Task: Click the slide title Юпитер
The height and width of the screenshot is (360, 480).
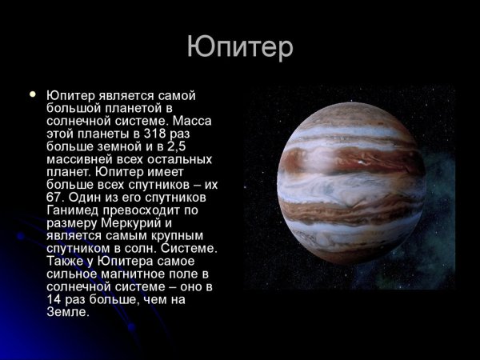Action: point(240,47)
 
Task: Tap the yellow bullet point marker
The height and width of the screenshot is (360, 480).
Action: point(33,94)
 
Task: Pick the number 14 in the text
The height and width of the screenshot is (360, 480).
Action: point(55,299)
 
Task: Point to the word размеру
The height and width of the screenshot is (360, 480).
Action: point(71,222)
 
